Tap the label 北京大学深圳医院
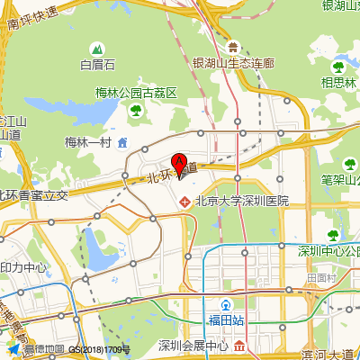pyautogui.click(x=241, y=201)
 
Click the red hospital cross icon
pyautogui.click(x=186, y=201)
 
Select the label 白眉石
pyautogui.click(x=98, y=65)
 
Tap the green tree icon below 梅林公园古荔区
pyautogui.click(x=136, y=110)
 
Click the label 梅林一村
pyautogui.click(x=87, y=142)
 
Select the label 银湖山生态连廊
pyautogui.click(x=233, y=64)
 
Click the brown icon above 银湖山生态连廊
pyautogui.click(x=233, y=47)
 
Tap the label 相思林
pyautogui.click(x=339, y=82)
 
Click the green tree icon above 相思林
pyautogui.click(x=339, y=66)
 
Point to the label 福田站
pyautogui.click(x=227, y=320)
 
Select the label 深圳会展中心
pyautogui.click(x=193, y=346)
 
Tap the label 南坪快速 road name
pyautogui.click(x=32, y=18)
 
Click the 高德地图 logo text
pyautogui.click(x=43, y=348)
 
